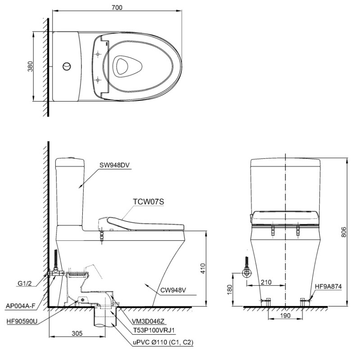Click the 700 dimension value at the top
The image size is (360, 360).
(117, 7)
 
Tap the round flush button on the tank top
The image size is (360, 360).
(67, 66)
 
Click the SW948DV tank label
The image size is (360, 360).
(114, 165)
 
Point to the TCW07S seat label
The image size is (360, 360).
(148, 202)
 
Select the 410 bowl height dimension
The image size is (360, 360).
(203, 268)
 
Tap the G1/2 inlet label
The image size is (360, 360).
(24, 283)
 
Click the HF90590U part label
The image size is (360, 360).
(22, 321)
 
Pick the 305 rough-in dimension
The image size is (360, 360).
(77, 333)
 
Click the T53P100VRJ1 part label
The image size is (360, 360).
(154, 330)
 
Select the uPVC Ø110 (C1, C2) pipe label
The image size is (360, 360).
(163, 342)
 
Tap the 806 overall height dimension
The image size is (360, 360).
(343, 232)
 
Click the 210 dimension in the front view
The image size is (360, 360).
(266, 282)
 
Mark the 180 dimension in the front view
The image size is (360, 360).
(229, 289)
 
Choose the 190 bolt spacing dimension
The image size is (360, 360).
(285, 315)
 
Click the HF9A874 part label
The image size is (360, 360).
(328, 286)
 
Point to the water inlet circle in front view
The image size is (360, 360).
(247, 273)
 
